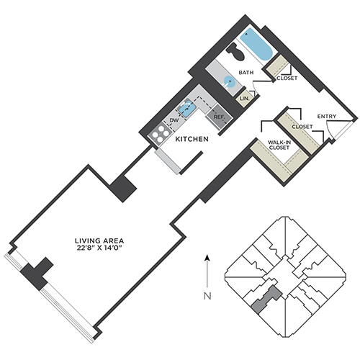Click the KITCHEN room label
[192, 139]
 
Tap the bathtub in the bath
[256, 45]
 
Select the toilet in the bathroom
[235, 52]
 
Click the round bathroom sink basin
[230, 81]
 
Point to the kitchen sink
[186, 109]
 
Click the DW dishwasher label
[174, 120]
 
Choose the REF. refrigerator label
[219, 117]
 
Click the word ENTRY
[327, 117]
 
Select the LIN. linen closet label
[245, 99]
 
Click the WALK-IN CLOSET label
[279, 145]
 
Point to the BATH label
[246, 73]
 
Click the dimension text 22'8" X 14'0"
[99, 248]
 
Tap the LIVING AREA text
[99, 240]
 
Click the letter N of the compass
[207, 296]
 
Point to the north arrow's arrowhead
[207, 258]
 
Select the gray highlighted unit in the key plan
[266, 299]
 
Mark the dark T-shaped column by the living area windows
[37, 274]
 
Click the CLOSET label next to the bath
[287, 78]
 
